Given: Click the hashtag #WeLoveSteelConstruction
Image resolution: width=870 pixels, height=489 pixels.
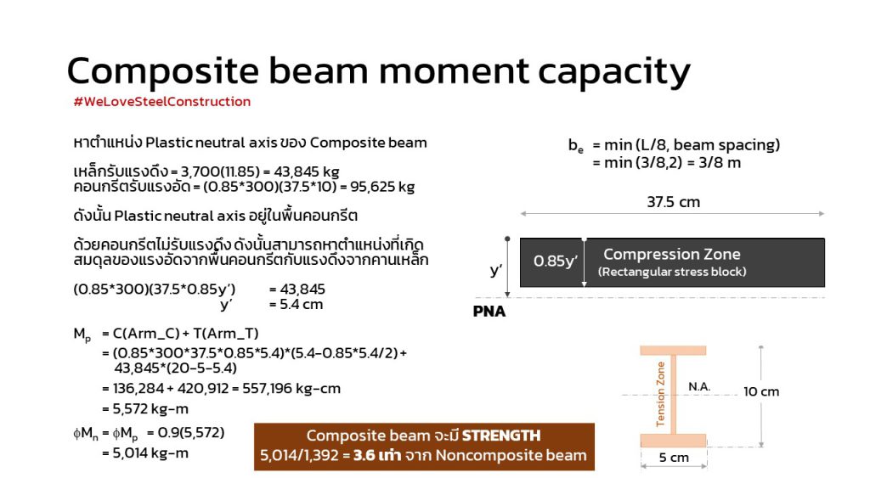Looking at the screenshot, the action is click(x=162, y=102).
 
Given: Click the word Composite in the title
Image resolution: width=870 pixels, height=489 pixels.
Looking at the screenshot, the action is click(x=162, y=71).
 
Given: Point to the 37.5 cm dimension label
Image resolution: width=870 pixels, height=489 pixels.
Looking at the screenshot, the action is click(x=673, y=202).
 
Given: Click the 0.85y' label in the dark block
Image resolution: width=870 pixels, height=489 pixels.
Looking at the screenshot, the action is click(x=556, y=261).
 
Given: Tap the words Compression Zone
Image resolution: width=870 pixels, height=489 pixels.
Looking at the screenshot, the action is click(x=672, y=254).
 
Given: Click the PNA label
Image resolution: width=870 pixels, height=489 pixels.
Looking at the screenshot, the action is click(x=489, y=312).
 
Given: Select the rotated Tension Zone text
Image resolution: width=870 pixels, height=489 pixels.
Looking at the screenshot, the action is click(x=660, y=394).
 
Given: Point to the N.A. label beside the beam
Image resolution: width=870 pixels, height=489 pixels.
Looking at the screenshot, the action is click(x=699, y=386).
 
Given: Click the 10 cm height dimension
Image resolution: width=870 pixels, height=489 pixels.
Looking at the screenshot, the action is click(x=761, y=392).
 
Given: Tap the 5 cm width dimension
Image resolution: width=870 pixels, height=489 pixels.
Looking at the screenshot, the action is click(x=674, y=458).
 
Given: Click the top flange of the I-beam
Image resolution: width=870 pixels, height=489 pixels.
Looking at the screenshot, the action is click(x=673, y=351).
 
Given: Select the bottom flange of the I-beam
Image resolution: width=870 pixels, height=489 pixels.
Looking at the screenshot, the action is click(x=673, y=441).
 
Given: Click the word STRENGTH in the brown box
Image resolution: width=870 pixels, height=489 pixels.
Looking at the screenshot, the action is click(x=501, y=436).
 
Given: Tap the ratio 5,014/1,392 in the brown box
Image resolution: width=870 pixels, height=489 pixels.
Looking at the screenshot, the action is click(x=299, y=456).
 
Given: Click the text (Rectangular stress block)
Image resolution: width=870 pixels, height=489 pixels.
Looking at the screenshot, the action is click(x=672, y=272).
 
